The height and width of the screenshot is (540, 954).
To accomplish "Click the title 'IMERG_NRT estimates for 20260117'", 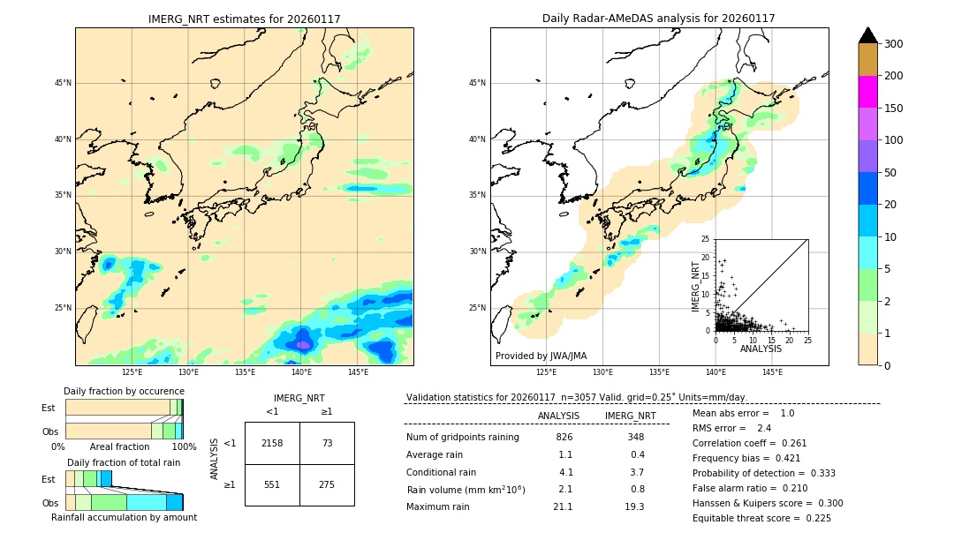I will pos(244,19).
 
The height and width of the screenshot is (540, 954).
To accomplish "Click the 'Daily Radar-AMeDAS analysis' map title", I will pos(658,19).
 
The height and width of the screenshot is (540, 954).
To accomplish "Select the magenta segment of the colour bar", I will pos(867,92).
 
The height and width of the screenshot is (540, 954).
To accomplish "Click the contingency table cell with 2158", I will pos(272,443).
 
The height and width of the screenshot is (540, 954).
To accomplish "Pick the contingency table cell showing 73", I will pos(327,443).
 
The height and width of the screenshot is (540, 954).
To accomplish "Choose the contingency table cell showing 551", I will pos(272,484).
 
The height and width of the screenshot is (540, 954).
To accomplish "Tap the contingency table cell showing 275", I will pos(327,484).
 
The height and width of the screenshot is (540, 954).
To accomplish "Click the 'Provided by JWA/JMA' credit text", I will pos(541,356).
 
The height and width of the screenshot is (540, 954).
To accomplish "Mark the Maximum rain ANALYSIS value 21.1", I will pos(563,506).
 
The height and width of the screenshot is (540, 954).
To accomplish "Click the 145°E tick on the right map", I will pos(772,373).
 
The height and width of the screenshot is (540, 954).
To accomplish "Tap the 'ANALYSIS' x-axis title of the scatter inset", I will pos(761,349).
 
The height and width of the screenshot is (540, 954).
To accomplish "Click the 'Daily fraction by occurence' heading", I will pos(122,391).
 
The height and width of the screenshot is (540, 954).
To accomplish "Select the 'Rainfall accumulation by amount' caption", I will pos(124,517).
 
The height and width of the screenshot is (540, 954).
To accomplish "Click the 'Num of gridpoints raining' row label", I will pos(463,438).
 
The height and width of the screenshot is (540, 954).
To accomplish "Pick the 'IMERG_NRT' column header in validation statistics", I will pos(630,416).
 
